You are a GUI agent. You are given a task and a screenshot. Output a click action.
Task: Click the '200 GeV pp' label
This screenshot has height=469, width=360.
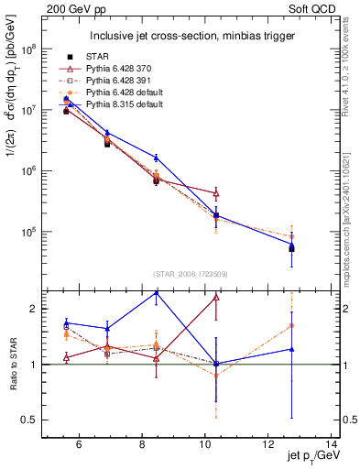point(67,7)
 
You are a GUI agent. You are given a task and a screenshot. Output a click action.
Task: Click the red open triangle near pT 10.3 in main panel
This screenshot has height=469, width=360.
point(216,193)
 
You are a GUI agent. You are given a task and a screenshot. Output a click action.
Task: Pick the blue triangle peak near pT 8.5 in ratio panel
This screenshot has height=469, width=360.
point(156,293)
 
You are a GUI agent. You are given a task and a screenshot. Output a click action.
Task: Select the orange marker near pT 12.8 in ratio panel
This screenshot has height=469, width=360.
point(291,325)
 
